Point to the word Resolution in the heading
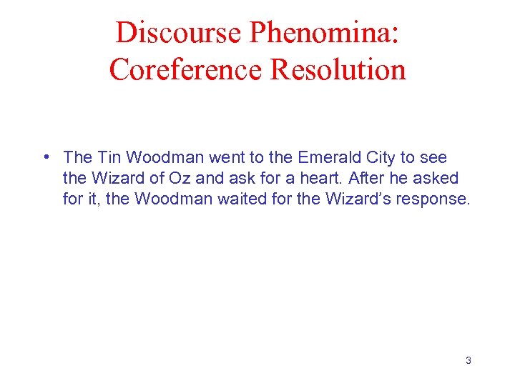(x=339, y=69)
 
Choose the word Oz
(x=181, y=178)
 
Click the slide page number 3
(x=468, y=360)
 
